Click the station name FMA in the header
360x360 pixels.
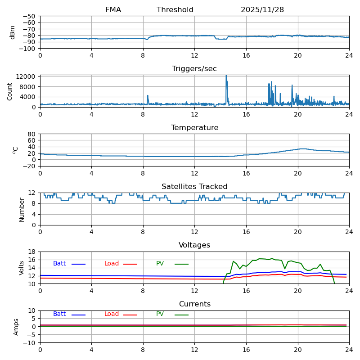(113, 9)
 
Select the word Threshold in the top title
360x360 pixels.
(175, 9)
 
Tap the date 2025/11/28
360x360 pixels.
(262, 9)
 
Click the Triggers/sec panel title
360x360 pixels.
(194, 69)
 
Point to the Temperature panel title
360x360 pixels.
(194, 127)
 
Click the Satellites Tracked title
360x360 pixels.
(194, 186)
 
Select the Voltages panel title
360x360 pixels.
(194, 245)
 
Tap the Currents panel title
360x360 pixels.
(195, 304)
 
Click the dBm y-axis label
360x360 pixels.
(12, 32)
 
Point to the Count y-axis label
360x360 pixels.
(9, 92)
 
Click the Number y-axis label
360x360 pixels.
(22, 210)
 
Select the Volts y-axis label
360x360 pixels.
(21, 268)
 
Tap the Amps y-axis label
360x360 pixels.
(16, 327)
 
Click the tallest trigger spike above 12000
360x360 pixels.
(226, 76)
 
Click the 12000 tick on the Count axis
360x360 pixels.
(26, 76)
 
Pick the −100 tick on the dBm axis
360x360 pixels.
(27, 49)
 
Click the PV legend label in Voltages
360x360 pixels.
(160, 263)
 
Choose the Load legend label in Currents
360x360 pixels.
(112, 314)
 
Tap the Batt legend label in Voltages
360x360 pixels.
(59, 263)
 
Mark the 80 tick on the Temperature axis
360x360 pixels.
(32, 134)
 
